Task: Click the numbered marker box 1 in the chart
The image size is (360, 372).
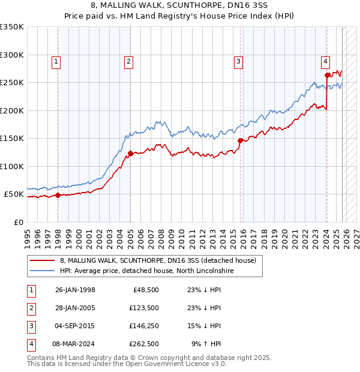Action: point(56,61)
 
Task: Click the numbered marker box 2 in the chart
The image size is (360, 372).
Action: point(128,61)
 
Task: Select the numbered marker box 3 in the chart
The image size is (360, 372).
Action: point(238,61)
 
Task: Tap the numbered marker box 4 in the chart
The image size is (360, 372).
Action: point(325,61)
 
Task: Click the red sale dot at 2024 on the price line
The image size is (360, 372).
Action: point(327,76)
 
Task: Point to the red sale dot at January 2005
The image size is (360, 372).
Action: point(130,153)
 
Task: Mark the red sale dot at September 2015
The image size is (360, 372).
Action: point(240,140)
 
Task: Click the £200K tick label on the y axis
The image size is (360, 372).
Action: point(12,110)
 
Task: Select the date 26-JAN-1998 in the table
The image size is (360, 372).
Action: point(75,290)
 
